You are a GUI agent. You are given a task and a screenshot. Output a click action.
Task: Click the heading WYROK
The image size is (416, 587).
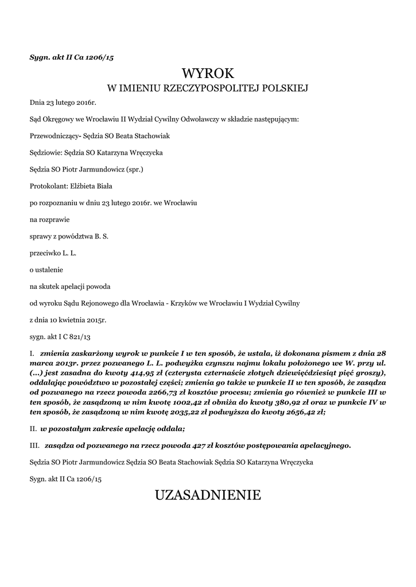pyautogui.click(x=208, y=73)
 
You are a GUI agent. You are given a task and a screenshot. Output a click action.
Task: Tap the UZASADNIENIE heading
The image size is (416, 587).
pyautogui.click(x=208, y=495)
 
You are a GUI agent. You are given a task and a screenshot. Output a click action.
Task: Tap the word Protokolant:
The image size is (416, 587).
pyautogui.click(x=49, y=186)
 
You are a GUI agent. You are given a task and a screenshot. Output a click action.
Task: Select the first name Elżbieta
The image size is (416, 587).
pyautogui.click(x=84, y=186)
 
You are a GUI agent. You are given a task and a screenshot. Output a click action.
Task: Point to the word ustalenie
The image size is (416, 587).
pyautogui.click(x=49, y=269)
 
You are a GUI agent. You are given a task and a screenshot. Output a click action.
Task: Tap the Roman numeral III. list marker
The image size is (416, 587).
pyautogui.click(x=34, y=445)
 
